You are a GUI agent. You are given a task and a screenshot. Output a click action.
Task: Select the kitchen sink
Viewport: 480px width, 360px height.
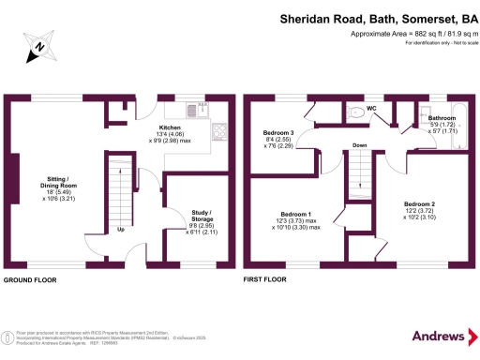[x=193, y=110]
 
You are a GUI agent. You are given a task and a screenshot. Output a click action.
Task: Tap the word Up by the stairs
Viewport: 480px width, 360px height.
[x=122, y=229]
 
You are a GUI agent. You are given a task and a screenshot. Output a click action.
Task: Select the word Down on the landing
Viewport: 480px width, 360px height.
[x=360, y=145]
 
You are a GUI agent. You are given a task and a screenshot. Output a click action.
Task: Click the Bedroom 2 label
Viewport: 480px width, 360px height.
[x=419, y=203]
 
